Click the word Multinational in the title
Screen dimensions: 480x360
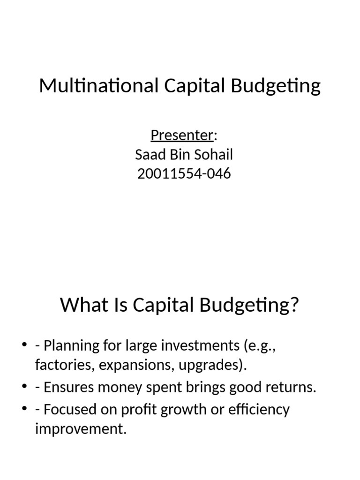97,86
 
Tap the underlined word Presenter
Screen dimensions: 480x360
182,135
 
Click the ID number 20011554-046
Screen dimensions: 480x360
184,173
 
